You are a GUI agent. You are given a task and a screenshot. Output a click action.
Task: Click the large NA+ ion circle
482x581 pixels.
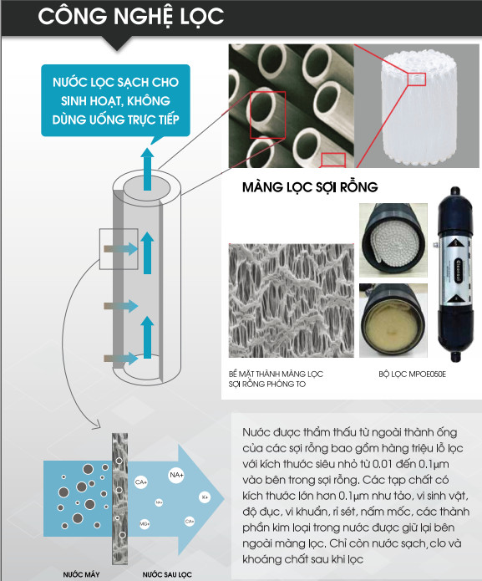tap(176, 475)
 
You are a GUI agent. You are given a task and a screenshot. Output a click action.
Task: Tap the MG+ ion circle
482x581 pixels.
tap(145, 524)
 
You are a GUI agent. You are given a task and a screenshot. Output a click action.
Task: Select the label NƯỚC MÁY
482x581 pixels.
tap(80, 574)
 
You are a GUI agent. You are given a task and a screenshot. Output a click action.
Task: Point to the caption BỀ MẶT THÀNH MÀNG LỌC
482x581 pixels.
tap(275, 374)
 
